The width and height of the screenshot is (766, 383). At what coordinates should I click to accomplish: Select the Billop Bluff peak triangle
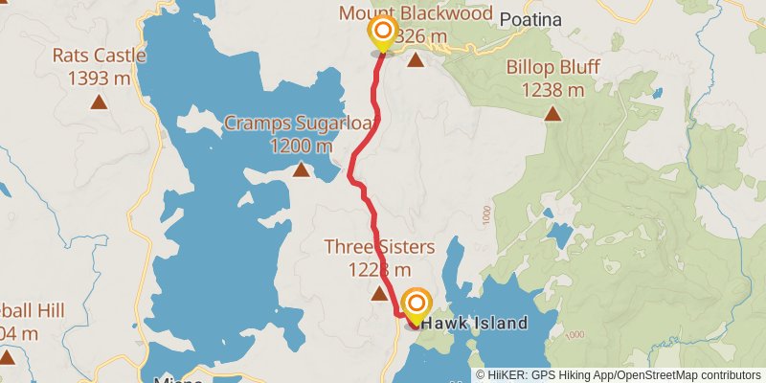[x=552, y=114]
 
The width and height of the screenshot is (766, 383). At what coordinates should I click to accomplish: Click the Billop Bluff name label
[x=552, y=69]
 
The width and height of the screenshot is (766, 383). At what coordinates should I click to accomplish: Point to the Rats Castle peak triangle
[x=99, y=101]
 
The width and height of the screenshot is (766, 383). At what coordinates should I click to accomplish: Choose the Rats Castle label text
[x=99, y=56]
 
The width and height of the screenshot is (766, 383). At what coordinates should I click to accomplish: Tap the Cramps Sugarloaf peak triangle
[x=301, y=170]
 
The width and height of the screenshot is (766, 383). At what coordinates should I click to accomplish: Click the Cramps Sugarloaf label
[x=284, y=123]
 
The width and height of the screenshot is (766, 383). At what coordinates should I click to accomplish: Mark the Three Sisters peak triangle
[x=379, y=294]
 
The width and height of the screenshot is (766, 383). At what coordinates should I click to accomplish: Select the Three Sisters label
[x=379, y=247]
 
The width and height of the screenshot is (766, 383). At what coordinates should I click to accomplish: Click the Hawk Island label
[x=475, y=324]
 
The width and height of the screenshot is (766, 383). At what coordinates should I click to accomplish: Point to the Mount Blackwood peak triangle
[x=416, y=61]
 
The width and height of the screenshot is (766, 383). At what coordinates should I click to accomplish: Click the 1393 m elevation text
[x=99, y=79]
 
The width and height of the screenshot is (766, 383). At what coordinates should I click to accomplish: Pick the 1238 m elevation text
[x=552, y=90]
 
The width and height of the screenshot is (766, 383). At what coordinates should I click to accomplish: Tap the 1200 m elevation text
[x=301, y=146]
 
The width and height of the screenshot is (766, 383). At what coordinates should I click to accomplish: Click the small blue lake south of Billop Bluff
[x=558, y=236]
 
